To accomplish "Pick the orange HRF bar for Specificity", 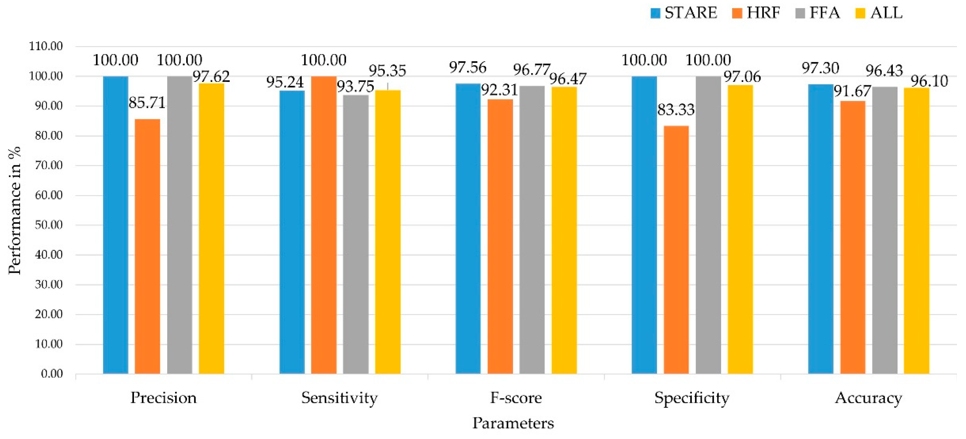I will click(676, 250).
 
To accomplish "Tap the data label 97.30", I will click(820, 68).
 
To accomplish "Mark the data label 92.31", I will click(499, 90).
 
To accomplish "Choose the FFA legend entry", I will click(817, 13).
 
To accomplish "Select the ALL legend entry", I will click(879, 13).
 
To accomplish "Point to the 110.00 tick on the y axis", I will click(46, 47).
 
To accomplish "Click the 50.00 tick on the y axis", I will click(49, 225).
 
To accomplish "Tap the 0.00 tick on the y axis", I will click(52, 374).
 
